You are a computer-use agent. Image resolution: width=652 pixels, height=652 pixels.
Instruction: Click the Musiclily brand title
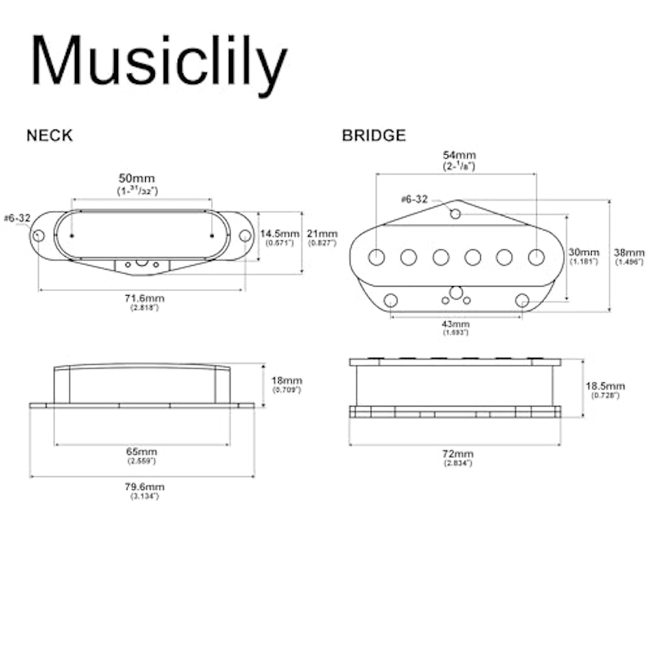coord(158,63)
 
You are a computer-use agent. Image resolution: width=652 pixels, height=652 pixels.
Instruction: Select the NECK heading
coord(50,135)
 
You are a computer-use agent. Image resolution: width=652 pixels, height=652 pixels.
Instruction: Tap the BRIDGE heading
coord(374,135)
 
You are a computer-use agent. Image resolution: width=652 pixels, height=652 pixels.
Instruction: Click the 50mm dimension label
coord(137,178)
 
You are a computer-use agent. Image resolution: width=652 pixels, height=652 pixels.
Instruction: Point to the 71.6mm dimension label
coord(145,298)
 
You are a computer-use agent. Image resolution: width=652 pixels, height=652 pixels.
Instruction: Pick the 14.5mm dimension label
coord(280,234)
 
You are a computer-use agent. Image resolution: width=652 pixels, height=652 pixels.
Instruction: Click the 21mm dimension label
coord(322,234)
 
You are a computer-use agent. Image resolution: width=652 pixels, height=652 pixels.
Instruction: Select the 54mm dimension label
coord(460,155)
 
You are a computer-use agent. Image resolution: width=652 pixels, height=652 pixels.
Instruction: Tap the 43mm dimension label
coord(456,324)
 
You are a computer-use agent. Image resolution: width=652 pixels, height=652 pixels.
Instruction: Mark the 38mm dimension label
coord(629,253)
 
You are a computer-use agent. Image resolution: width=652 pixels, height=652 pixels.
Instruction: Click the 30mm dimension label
coord(584,252)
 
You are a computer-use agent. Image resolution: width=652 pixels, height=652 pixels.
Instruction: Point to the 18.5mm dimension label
coord(605,385)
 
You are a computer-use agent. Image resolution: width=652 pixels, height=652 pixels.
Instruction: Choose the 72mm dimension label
coord(458,454)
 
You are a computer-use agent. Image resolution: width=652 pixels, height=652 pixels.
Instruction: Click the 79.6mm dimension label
coord(145,487)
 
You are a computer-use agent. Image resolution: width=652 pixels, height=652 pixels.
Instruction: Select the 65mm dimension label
coord(142,452)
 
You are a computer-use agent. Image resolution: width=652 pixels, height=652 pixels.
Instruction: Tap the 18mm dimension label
coord(287,381)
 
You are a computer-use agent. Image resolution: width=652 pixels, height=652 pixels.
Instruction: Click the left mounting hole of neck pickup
coord(38,236)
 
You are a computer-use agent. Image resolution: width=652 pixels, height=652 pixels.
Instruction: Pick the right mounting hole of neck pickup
coord(245,236)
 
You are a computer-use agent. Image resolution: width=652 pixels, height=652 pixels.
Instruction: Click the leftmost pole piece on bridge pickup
coord(377,257)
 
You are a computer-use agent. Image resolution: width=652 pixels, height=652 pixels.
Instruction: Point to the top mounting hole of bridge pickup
coord(456,214)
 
